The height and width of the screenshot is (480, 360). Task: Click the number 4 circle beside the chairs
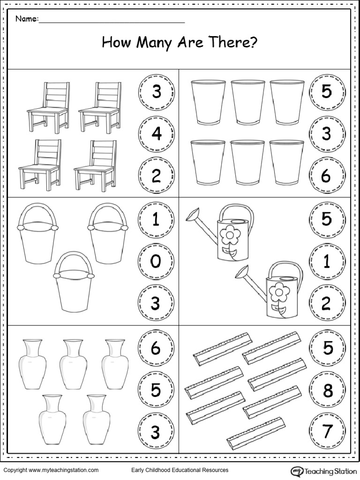tap(156, 134)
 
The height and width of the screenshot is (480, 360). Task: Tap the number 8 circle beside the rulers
tap(327, 390)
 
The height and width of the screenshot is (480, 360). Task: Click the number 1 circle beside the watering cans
tap(327, 262)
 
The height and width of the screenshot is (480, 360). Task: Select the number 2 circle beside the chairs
tap(156, 176)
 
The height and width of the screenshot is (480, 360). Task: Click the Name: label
tap(27, 19)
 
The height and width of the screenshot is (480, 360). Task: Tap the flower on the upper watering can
tap(229, 234)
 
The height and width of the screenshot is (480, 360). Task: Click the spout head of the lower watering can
tap(242, 270)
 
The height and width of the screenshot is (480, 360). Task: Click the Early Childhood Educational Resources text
tap(180, 470)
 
